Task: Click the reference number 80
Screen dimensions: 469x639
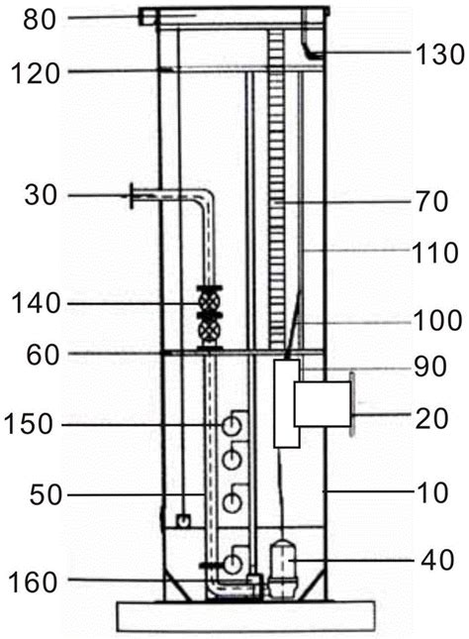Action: point(40,20)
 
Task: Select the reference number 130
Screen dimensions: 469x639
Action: point(439,54)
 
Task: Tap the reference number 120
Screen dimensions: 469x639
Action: point(36,74)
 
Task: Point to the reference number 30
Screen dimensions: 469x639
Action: point(41,195)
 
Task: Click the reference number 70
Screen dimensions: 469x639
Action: point(431,202)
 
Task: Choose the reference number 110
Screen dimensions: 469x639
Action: point(435,253)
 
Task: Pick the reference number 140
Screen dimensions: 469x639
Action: point(36,303)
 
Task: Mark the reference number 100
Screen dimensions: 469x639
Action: point(437,320)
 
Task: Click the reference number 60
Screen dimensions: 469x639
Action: point(44,356)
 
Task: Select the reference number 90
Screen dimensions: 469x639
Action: point(430,367)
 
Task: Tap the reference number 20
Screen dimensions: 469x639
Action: point(431,418)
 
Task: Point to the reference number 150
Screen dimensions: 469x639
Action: point(29,424)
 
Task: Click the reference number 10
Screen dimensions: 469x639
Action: point(432,492)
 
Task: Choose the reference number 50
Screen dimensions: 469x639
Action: point(46,495)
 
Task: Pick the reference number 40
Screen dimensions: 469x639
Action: point(437,560)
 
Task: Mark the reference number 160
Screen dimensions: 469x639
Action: point(33,583)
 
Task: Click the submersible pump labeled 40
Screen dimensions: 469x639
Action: point(283,570)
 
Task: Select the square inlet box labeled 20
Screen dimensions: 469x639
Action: point(323,404)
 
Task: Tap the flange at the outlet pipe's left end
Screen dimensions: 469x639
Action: point(132,196)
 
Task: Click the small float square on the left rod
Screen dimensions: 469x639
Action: point(184,520)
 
